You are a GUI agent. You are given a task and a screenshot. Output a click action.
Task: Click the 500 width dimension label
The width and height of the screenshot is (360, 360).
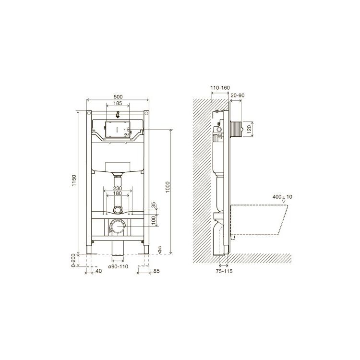point(118,96)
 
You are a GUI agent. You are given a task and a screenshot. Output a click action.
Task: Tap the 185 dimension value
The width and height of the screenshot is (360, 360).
point(118,103)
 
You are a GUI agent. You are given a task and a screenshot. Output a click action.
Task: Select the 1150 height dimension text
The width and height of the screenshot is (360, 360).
point(74,180)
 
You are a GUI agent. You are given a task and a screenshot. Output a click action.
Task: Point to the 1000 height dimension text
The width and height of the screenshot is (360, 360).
point(168,187)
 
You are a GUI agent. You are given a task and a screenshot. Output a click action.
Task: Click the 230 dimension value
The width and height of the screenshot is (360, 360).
point(118,188)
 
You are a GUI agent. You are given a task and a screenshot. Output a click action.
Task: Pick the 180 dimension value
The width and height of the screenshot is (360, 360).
point(118,193)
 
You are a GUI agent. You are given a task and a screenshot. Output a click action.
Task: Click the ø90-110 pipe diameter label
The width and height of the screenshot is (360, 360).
point(118,266)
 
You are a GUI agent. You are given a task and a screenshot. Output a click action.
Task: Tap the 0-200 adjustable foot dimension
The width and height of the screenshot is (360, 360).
point(73,260)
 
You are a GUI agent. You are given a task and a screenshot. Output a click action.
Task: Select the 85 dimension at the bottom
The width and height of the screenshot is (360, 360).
point(156,271)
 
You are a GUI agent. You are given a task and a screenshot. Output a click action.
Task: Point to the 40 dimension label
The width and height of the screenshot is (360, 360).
point(98,271)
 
